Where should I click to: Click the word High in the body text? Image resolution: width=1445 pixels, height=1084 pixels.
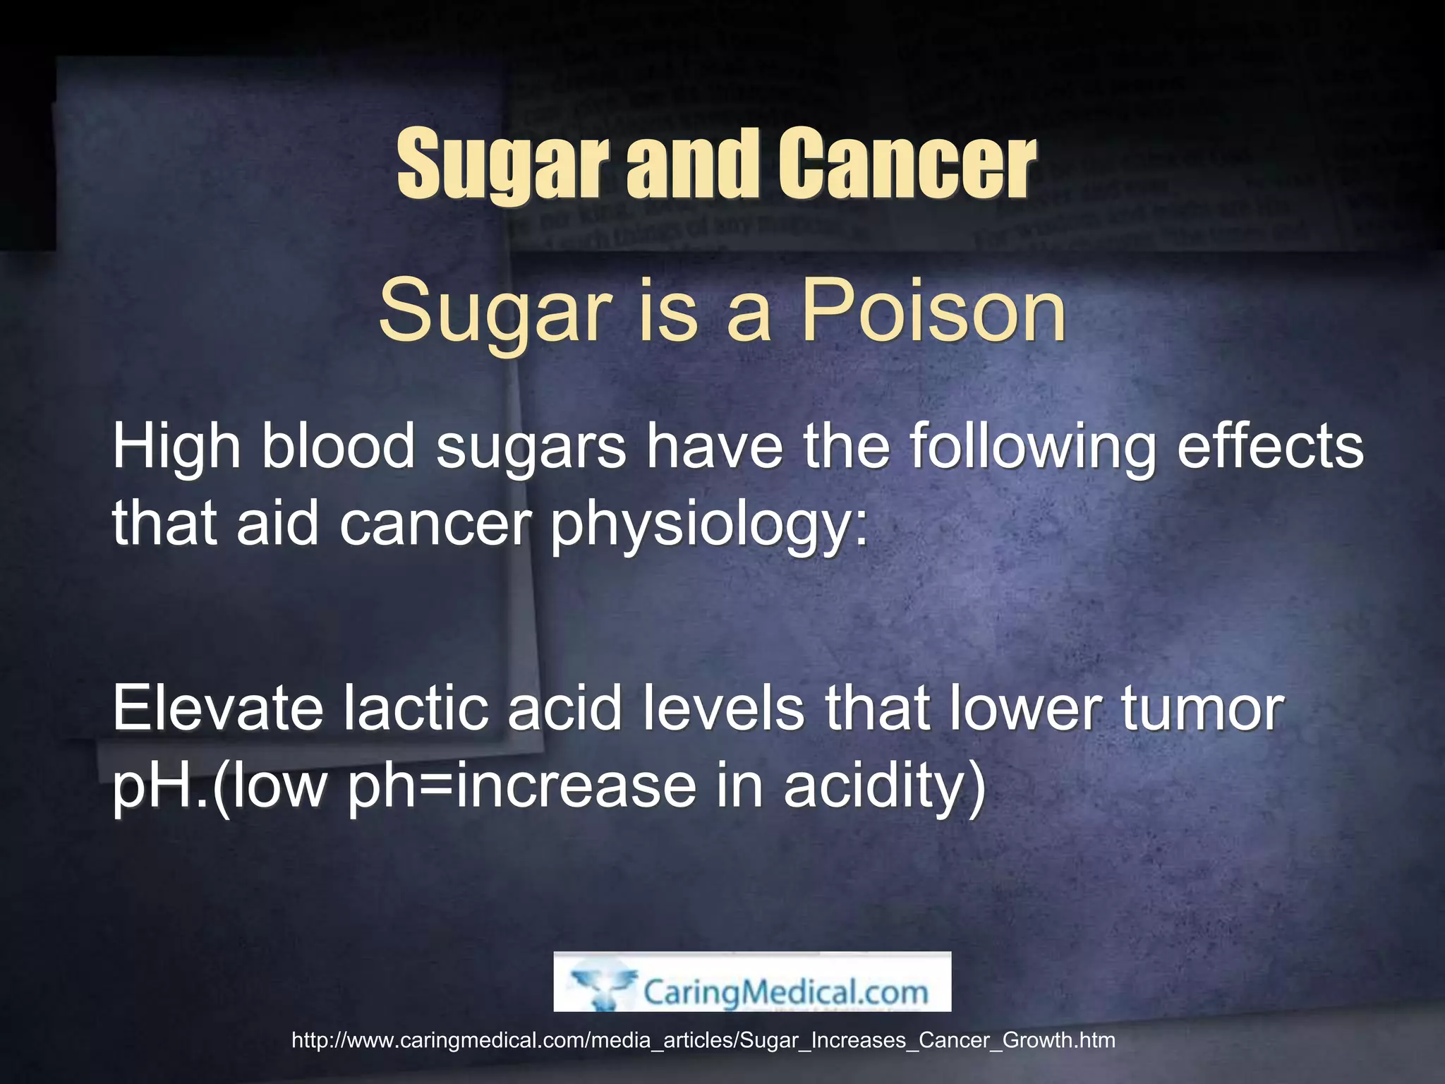pos(176,448)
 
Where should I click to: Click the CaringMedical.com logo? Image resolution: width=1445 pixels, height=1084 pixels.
pos(752,982)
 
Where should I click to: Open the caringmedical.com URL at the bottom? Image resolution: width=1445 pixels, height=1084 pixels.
pos(703,1040)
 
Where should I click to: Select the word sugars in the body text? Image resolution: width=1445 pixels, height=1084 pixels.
pos(531,448)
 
